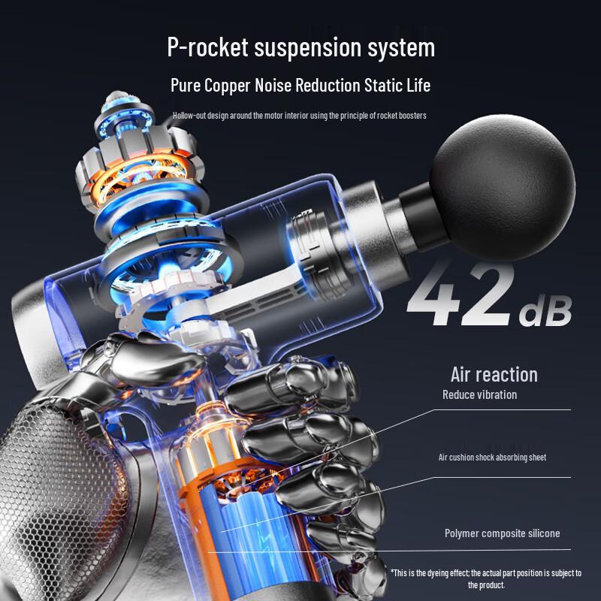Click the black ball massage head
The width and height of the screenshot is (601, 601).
pos(502,187)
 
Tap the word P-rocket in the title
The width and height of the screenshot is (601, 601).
pos(208,47)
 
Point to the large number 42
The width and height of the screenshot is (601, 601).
pos(461,294)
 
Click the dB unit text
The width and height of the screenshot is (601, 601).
pos(545,311)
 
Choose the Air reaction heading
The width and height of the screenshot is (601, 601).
pos(494,374)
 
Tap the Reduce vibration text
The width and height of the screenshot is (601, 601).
pos(479,395)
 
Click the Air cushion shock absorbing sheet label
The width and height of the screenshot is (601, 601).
pos(492,457)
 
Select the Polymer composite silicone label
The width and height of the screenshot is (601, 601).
pos(502,533)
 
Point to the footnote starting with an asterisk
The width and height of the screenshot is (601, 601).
pos(486,578)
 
